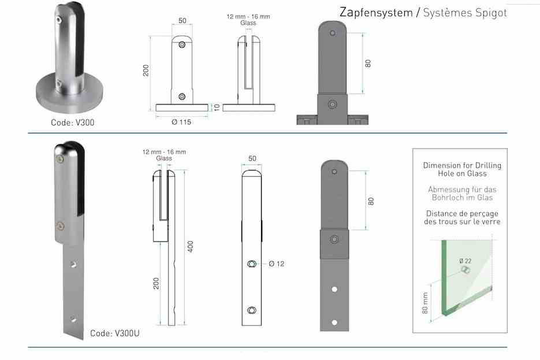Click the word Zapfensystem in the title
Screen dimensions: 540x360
[x=376, y=13]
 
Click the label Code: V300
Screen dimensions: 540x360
[x=73, y=123]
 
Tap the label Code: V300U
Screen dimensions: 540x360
[x=115, y=333]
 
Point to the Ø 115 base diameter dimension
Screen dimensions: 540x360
[x=181, y=122]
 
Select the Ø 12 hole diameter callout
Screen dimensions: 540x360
[x=277, y=264]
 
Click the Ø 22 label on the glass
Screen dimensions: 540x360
[x=465, y=261]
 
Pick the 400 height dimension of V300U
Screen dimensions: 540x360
[x=191, y=247]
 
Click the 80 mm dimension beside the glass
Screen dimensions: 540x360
[x=425, y=303]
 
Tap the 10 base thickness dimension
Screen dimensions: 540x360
[x=217, y=107]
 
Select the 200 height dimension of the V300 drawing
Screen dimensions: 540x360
[x=146, y=70]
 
